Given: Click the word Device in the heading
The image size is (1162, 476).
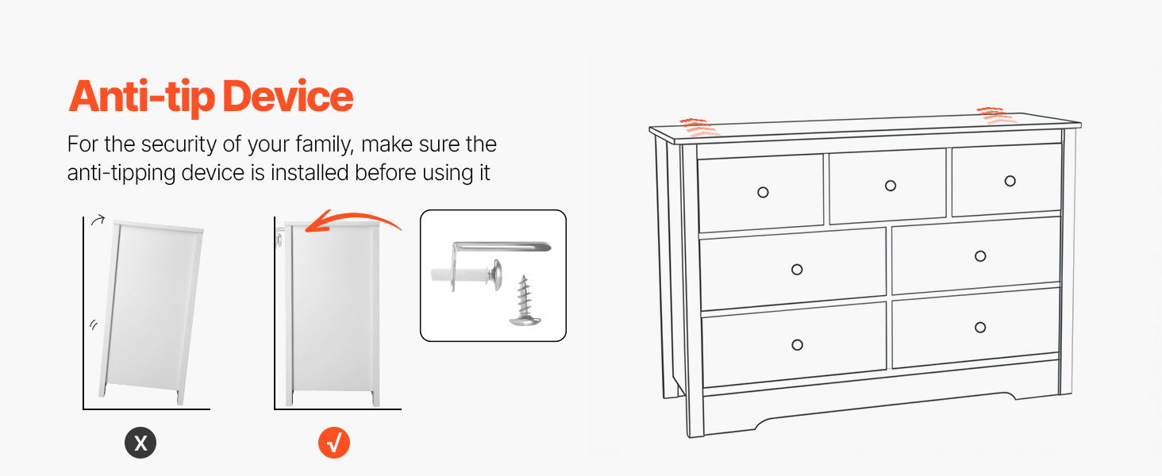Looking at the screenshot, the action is coord(288,96).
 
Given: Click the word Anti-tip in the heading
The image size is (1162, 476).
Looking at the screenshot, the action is coord(141,98).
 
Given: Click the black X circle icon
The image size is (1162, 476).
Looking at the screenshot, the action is coord(140,443).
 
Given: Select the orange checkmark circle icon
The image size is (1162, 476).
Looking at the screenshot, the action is coord(334,443).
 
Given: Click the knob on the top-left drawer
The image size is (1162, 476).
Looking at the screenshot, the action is coord(763,192).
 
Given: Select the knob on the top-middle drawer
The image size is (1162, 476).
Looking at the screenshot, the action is coord(891,186).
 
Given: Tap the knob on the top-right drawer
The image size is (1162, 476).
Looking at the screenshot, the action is coord(1010,181).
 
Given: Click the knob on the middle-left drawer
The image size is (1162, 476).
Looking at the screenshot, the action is coord(797,270).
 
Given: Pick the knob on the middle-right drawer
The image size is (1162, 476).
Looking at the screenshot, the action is coord(980,256).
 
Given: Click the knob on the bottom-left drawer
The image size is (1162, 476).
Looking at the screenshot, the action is coord(798,345).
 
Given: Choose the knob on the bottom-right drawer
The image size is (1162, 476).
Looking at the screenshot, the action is coord(980,327).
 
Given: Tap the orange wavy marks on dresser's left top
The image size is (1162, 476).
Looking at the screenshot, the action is coord(698,128).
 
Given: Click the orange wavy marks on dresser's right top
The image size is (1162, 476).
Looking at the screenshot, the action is coord(996,116).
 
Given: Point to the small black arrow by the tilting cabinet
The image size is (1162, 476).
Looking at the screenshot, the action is coord(98,220).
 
